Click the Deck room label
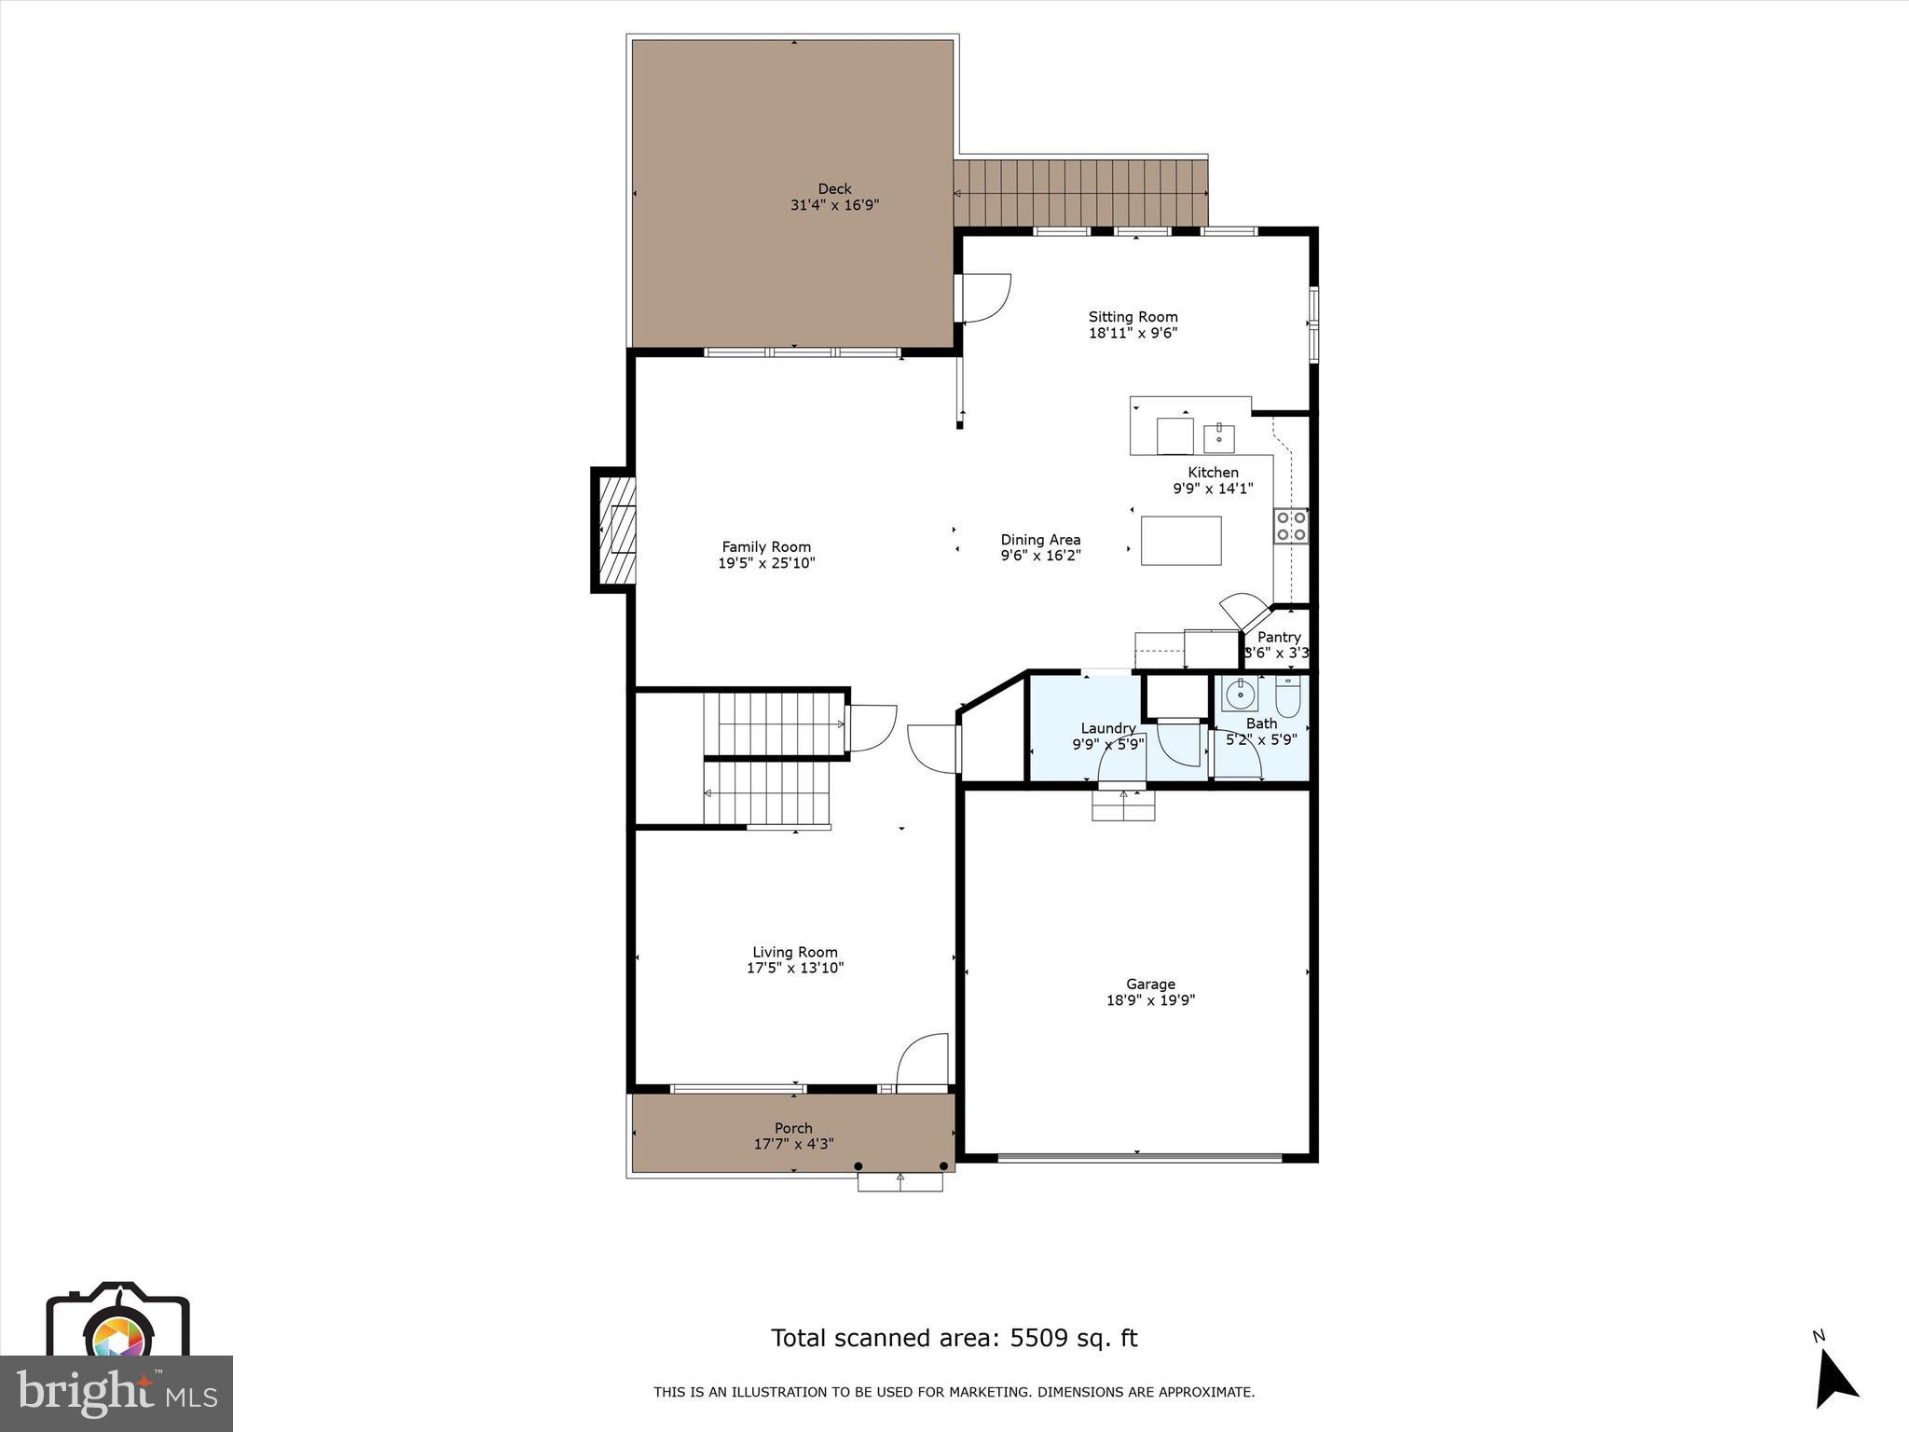pos(834,189)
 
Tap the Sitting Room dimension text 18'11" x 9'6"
pos(1133,333)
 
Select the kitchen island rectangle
pos(1181,541)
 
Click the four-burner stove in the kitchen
pos(1291,526)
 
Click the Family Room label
pos(766,547)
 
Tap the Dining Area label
pos(1040,540)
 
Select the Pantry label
pos(1279,638)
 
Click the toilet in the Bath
pos(1287,695)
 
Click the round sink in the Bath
pos(1240,695)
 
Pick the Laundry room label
pos(1107,728)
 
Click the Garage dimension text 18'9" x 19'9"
pos(1150,1000)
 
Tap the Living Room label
pos(794,952)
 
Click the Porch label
pos(793,1128)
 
